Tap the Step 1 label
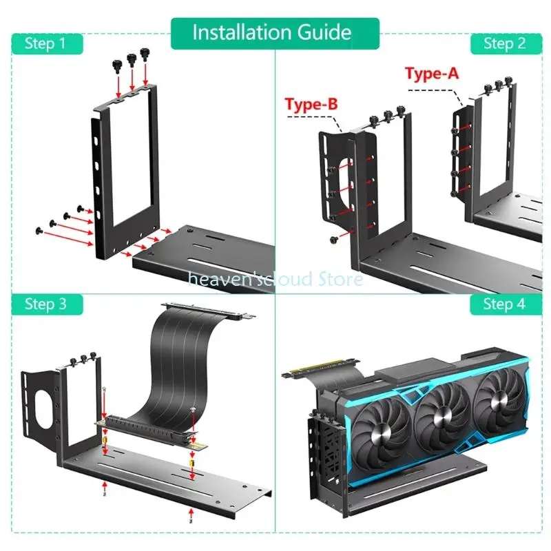click(45, 44)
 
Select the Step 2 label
click(503, 44)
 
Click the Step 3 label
click(45, 304)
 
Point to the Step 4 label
click(503, 304)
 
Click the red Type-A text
click(433, 74)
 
